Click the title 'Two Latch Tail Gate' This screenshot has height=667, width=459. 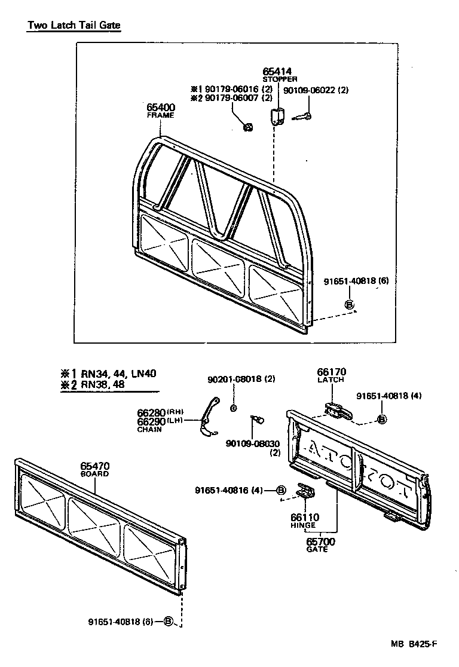(74, 26)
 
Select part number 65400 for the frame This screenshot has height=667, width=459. (161, 108)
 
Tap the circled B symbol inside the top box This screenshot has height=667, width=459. (350, 305)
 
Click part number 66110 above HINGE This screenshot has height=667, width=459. (305, 517)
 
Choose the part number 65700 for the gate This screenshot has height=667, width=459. (320, 541)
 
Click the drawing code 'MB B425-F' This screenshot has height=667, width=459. (414, 644)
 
